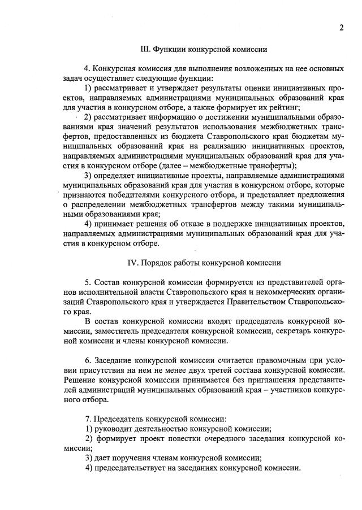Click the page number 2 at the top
342,28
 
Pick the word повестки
183,439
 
